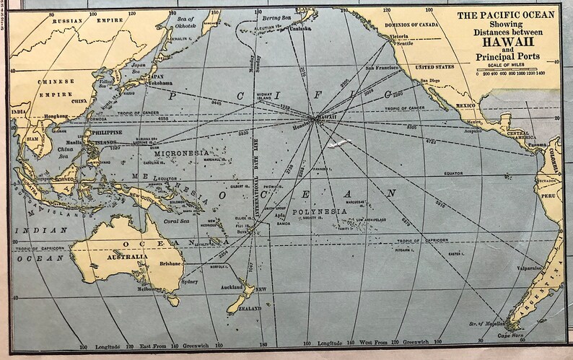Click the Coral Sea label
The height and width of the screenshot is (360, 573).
(x=176, y=221)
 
